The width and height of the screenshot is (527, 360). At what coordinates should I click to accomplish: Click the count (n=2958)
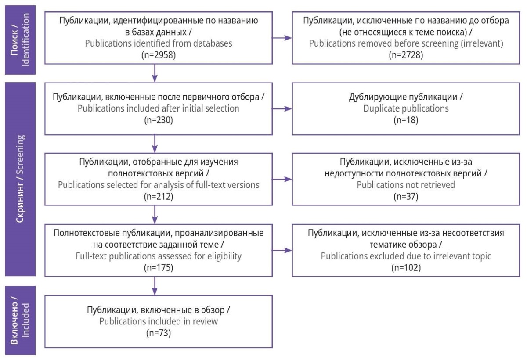click(x=159, y=55)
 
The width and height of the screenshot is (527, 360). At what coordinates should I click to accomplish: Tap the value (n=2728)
click(x=406, y=55)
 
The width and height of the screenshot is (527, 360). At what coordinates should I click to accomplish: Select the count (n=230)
click(x=159, y=120)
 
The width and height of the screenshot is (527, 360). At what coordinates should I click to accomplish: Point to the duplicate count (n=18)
click(x=406, y=120)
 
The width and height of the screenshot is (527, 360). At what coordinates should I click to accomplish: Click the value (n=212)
click(x=159, y=197)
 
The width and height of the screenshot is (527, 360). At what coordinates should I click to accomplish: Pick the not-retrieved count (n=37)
click(x=406, y=197)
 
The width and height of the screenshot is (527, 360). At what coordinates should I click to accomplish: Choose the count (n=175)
click(x=159, y=268)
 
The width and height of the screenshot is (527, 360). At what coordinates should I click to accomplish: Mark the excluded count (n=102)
click(x=406, y=268)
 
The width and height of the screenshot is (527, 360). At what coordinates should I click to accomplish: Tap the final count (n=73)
click(x=159, y=333)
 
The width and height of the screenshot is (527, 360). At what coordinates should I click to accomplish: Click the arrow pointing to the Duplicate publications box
click(x=282, y=108)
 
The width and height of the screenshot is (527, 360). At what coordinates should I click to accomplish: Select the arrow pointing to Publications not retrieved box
click(x=282, y=179)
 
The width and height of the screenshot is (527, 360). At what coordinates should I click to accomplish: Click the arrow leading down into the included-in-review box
click(x=155, y=286)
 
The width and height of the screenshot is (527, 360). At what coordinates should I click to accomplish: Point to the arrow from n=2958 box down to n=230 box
click(x=155, y=73)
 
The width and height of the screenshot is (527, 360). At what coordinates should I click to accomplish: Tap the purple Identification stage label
click(x=20, y=40)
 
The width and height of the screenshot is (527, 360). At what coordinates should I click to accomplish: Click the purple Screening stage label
click(x=20, y=179)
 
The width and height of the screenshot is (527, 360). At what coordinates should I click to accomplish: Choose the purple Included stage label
click(x=20, y=320)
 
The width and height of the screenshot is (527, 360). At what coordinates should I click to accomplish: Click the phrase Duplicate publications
click(x=406, y=108)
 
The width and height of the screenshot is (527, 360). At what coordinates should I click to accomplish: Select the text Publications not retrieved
click(x=406, y=185)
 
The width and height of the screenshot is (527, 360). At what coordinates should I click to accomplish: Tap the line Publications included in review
click(x=159, y=321)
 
